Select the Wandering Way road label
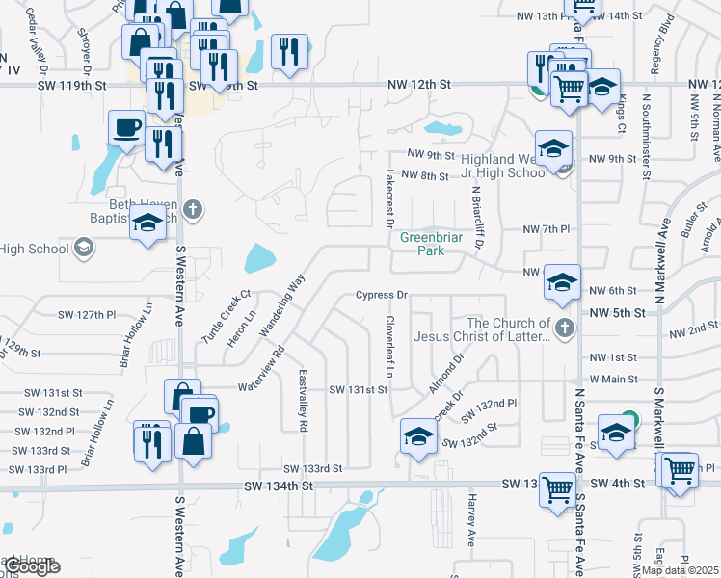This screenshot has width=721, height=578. tap(282, 306)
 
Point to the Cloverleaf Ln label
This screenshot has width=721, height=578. tap(390, 347)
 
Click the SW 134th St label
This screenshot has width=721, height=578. tap(279, 486)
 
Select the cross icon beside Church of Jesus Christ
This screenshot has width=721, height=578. tap(564, 329)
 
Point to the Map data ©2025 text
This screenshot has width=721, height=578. tap(680, 570)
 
